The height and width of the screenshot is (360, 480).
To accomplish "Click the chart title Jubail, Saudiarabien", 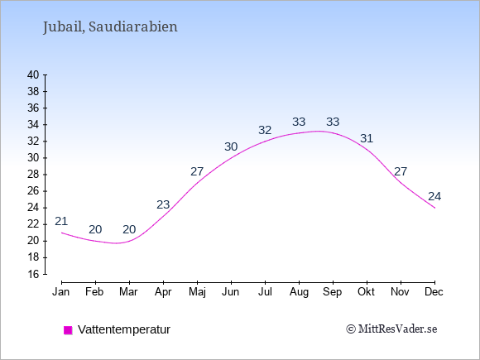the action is click(x=110, y=27).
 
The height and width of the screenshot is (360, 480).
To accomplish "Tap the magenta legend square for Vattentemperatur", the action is click(x=68, y=330).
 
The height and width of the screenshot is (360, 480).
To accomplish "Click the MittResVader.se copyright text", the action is click(x=391, y=329).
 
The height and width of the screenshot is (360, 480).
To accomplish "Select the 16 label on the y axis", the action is click(x=33, y=274).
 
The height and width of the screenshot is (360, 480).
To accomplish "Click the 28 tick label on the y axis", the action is click(x=33, y=175).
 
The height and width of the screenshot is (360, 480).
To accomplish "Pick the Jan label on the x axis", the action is click(x=61, y=292).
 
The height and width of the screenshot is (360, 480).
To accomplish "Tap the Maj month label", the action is click(x=197, y=292).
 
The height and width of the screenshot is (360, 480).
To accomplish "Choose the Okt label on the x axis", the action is click(x=366, y=292).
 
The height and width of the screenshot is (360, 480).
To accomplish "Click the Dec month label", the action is click(x=434, y=292).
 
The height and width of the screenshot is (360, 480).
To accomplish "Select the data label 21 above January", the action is click(x=61, y=221).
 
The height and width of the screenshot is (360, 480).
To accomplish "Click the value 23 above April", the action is click(x=163, y=204).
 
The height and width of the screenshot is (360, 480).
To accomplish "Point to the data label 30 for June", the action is click(x=231, y=146).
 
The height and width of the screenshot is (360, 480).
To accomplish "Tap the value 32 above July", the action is click(x=265, y=130).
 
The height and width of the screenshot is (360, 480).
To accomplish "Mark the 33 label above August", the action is click(x=299, y=122).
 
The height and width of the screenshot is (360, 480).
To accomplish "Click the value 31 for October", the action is click(x=367, y=138).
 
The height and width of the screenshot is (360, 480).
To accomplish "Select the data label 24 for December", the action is click(x=434, y=196).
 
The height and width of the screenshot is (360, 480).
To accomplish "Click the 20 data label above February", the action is click(x=95, y=229).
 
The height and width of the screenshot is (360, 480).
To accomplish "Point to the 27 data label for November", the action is click(x=401, y=171).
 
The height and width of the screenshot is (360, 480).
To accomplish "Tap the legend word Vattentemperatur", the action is click(x=124, y=329).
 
